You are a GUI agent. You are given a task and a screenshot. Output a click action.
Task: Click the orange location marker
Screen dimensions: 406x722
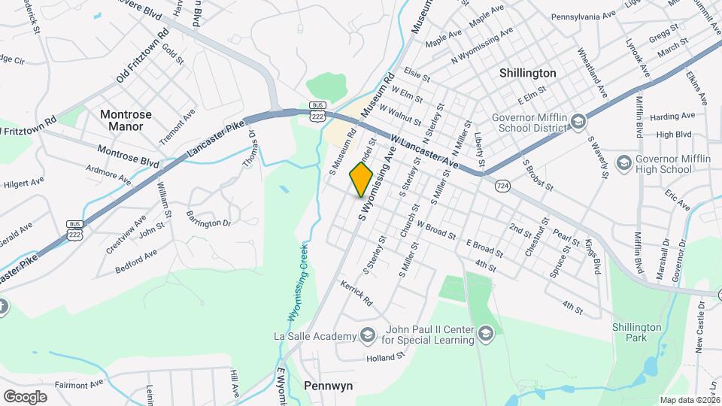click(x=361, y=180)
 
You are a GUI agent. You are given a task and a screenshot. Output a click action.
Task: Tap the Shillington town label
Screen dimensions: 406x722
click(x=528, y=73)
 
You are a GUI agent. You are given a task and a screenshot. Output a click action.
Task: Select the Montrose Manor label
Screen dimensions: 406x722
click(x=126, y=120)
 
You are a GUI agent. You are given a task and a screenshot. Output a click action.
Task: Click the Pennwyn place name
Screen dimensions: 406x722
click(x=328, y=385)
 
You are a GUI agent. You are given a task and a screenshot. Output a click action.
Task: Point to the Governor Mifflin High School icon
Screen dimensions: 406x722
click(x=623, y=162)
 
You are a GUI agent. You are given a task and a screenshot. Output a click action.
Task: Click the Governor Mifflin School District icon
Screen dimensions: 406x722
click(x=578, y=121)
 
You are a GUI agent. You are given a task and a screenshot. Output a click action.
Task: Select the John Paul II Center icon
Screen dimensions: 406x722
click(x=485, y=333)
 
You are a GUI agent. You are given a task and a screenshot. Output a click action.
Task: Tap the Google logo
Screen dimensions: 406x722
click(x=24, y=396)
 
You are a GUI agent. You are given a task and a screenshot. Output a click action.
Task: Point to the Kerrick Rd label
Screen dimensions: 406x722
click(x=356, y=292)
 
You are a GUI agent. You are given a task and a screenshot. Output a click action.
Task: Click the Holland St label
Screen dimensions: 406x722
click(x=387, y=358)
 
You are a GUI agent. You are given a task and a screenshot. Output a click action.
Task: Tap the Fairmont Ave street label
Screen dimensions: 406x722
click(x=79, y=384)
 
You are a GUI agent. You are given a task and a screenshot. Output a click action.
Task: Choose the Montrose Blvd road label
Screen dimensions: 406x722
click(x=128, y=156)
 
